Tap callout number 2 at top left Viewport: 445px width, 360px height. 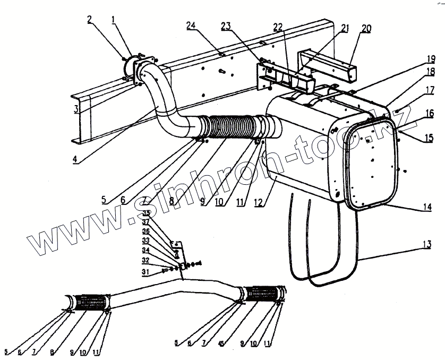[90, 20]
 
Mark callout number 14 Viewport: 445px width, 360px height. [427, 208]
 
